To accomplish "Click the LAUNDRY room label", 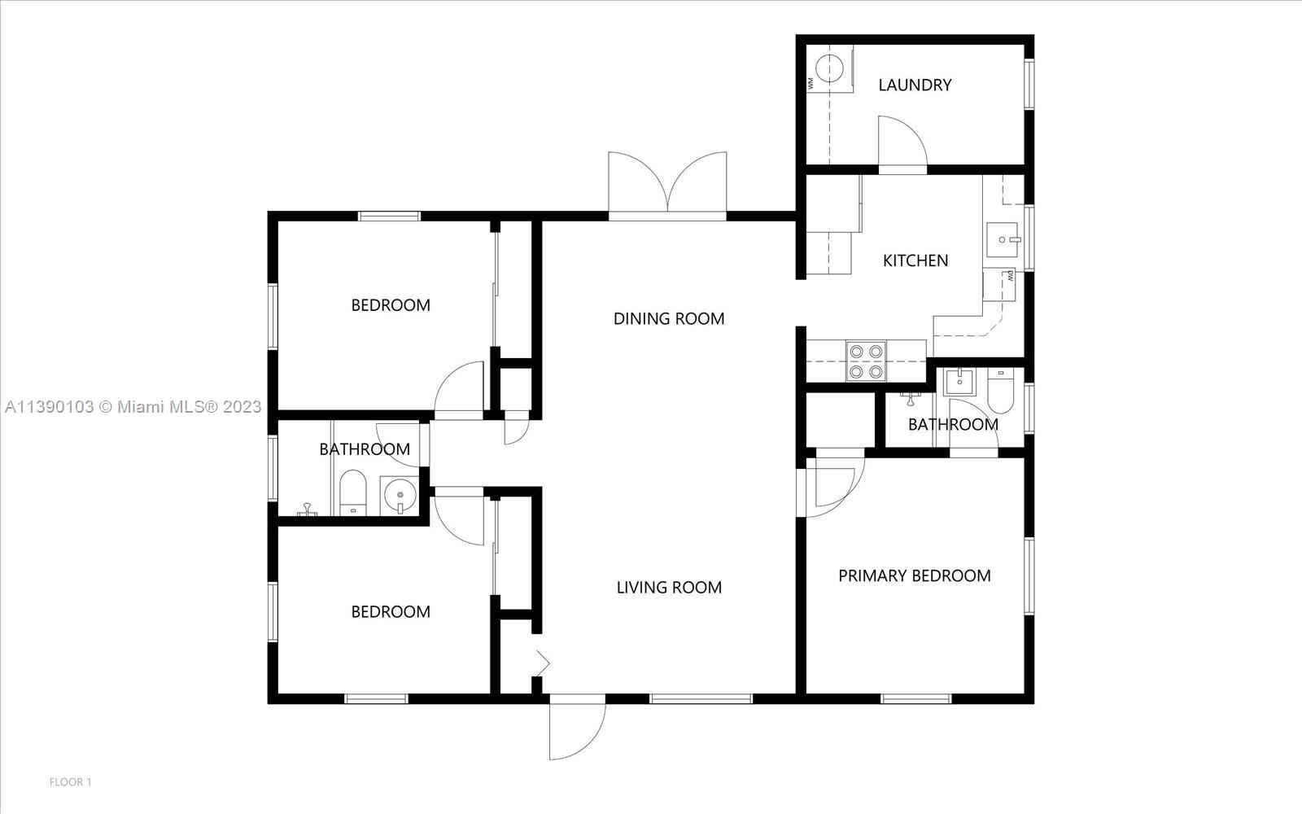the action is tap(915, 85).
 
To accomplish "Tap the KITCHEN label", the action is tap(915, 260).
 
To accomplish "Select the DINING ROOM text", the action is tap(669, 318).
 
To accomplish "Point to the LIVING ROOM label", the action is tap(669, 587).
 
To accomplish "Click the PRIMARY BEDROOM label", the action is tap(915, 575).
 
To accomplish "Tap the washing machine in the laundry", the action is tap(829, 68).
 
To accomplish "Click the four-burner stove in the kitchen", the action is tap(866, 361).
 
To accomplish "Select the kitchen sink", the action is tap(1002, 239).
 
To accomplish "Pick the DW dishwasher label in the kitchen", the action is tap(1010, 276).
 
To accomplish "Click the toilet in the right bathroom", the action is tap(1000, 390).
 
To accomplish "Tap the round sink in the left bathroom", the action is tap(400, 496).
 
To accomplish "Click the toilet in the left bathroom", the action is tap(353, 492).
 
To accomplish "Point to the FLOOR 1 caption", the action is tap(70, 782).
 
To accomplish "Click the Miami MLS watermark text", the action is tap(133, 406).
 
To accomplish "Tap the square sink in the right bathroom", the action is tap(959, 382).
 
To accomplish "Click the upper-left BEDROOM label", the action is tap(391, 305).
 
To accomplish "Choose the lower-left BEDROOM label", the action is tap(391, 611).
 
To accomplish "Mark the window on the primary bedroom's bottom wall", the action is tap(916, 698).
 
